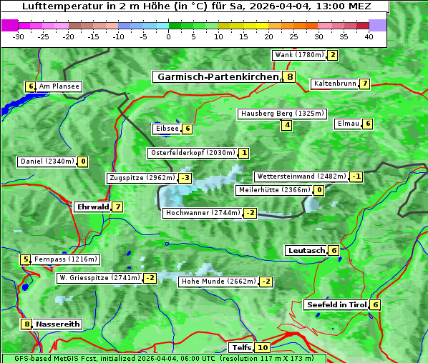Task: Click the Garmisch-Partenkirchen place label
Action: click(x=216, y=77)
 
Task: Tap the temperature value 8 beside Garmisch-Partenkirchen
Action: click(x=289, y=77)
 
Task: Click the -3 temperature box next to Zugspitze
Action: click(x=185, y=178)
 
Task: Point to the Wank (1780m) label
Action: click(x=299, y=55)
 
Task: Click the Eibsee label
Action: click(x=165, y=129)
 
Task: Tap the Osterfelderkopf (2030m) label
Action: click(x=192, y=153)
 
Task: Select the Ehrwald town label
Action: click(x=92, y=207)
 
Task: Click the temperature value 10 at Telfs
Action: click(x=263, y=348)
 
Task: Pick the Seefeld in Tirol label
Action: click(x=336, y=305)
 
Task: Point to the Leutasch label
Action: click(x=306, y=251)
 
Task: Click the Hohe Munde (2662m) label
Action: click(x=218, y=282)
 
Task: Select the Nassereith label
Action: click(x=57, y=324)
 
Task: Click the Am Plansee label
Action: click(x=59, y=86)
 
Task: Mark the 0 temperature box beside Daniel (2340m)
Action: click(x=82, y=161)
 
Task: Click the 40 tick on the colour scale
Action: click(x=369, y=37)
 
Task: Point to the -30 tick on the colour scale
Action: click(x=19, y=37)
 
